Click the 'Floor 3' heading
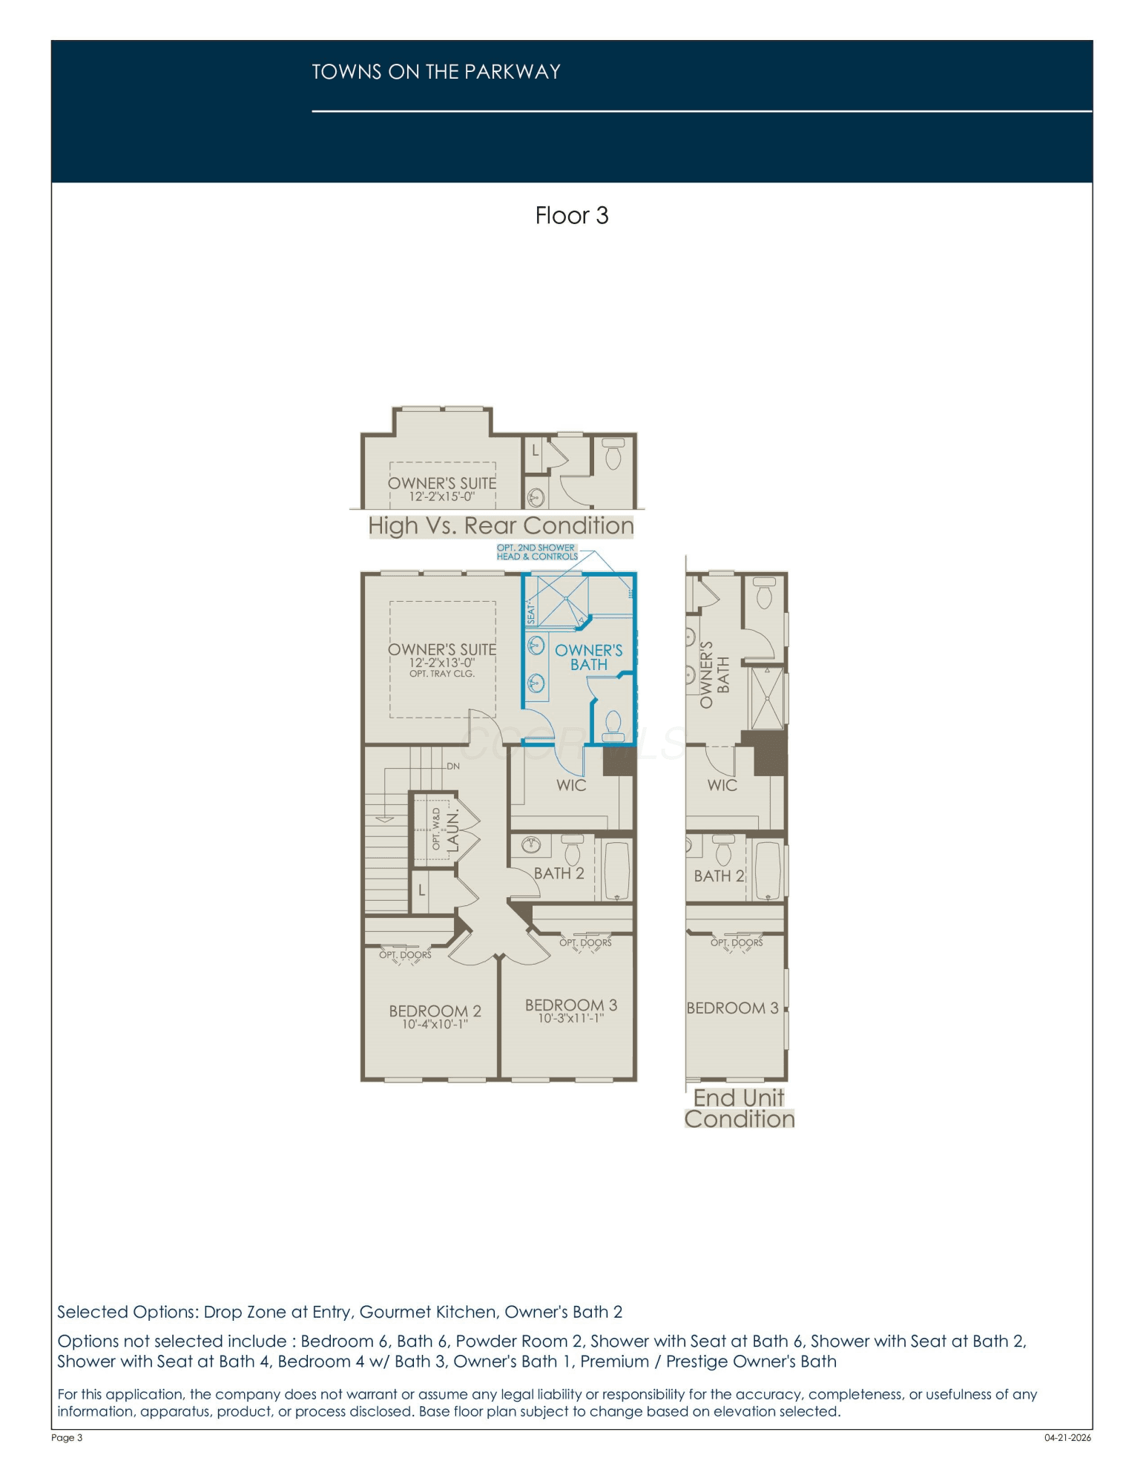tap(572, 215)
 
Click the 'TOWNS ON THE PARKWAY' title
tap(436, 72)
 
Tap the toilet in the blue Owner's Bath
tap(613, 726)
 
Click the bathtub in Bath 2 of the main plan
tap(617, 870)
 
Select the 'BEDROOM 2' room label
tap(435, 1011)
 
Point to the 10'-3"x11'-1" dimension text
tap(570, 1018)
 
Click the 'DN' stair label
tap(453, 766)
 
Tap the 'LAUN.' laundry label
tap(452, 830)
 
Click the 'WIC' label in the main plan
tap(571, 785)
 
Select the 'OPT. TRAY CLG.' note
tap(442, 674)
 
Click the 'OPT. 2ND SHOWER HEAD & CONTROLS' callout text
tap(537, 552)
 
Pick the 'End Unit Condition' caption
tap(740, 1109)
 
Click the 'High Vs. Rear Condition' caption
tap(501, 526)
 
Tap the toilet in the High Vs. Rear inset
tap(613, 453)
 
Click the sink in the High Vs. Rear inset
tap(536, 497)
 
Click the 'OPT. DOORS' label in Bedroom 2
tap(405, 955)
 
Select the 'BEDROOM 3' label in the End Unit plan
tap(733, 1008)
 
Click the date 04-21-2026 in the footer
tap(1067, 1437)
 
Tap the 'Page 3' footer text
tap(67, 1437)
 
